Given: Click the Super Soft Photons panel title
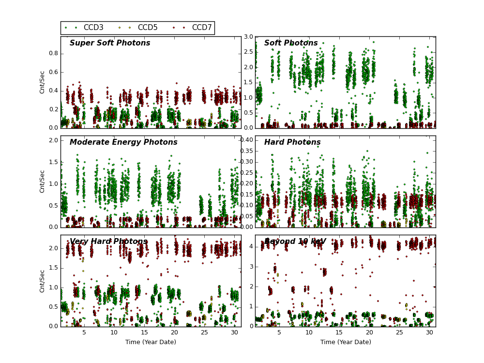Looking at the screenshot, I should [110, 43].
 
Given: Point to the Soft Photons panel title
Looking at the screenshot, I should [291, 43].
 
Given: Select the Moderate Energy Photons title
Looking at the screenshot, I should [123, 142].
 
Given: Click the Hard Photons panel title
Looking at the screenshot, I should [292, 142].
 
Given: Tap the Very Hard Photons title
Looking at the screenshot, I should [108, 242].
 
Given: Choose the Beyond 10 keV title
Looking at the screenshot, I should [295, 242].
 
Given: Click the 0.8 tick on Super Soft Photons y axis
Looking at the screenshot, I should [53, 54].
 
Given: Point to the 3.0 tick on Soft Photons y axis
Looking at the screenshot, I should [248, 37].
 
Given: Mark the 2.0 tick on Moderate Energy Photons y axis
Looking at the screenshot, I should [53, 140].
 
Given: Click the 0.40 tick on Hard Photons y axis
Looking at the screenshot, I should [246, 140].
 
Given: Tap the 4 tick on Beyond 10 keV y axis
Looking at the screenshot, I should [251, 246].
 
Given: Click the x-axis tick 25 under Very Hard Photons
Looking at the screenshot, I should [204, 333].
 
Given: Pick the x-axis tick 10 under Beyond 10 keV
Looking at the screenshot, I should [309, 333].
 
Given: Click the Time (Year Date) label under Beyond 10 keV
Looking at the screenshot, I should [346, 342].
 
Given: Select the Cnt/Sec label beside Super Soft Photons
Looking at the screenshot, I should [43, 82].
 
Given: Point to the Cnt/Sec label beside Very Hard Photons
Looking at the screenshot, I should [43, 281].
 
